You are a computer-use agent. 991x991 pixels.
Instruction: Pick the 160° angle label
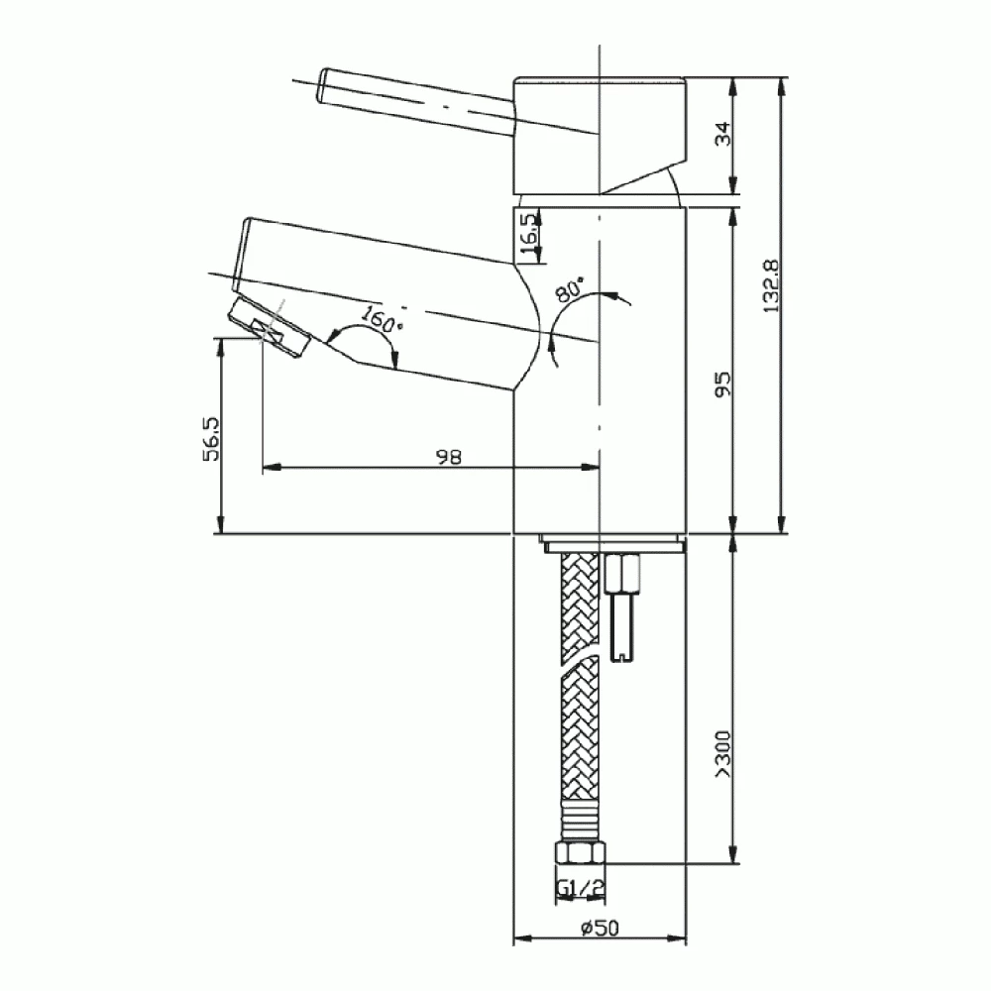pos(382,320)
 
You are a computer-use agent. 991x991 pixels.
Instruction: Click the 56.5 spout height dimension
pos(210,437)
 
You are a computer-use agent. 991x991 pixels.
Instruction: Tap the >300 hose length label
pos(722,753)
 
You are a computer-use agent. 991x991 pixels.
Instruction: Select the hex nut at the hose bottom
pos(580,857)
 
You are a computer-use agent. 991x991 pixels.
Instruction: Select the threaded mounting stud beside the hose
pos(623,609)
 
